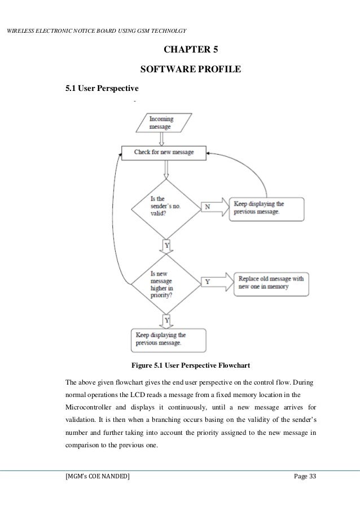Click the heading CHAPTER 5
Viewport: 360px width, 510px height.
point(190,50)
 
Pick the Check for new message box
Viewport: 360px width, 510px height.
point(164,152)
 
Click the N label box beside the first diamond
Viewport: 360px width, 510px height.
point(207,206)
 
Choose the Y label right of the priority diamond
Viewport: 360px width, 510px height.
point(207,281)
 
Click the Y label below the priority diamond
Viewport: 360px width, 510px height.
point(166,320)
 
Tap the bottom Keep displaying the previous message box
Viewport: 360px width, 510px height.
point(161,339)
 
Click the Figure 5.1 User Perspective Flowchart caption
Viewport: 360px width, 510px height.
point(190,364)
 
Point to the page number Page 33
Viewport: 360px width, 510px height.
point(305,477)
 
